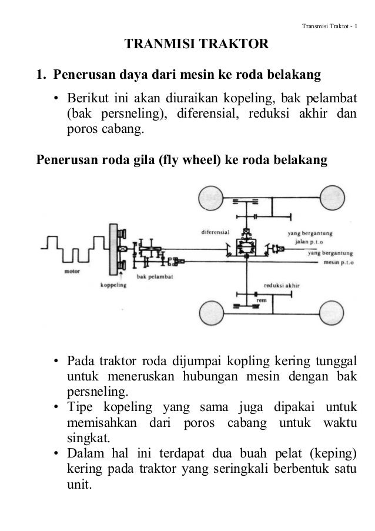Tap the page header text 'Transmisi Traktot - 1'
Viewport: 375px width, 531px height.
(332, 25)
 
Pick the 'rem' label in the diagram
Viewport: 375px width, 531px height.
(259, 300)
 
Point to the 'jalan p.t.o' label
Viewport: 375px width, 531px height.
(306, 241)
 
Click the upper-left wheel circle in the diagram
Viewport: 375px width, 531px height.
(216, 201)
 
